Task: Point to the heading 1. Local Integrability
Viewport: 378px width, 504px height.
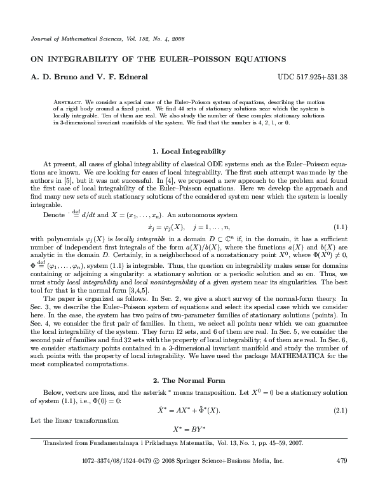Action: (x=189, y=152)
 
